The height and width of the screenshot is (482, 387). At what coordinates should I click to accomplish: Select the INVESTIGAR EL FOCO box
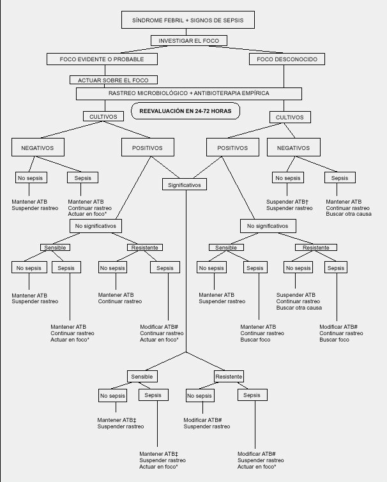[x=188, y=41]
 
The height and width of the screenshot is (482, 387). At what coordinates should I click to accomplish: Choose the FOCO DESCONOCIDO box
[x=282, y=59]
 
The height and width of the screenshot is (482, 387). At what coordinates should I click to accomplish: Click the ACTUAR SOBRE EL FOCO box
[x=114, y=80]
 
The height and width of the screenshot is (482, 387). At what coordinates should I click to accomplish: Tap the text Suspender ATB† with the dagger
[x=289, y=202]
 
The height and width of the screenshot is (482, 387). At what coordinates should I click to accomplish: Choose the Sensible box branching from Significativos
[x=141, y=377]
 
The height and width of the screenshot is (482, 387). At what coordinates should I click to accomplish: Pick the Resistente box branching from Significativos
[x=229, y=377]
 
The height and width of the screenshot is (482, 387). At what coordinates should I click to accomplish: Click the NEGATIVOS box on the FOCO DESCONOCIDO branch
[x=293, y=147]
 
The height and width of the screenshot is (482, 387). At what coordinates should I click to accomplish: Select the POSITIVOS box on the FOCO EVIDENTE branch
[x=146, y=147]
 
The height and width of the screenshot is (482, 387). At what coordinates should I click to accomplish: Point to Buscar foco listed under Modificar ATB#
[x=334, y=340]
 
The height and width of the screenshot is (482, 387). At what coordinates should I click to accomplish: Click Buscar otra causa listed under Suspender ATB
[x=299, y=308]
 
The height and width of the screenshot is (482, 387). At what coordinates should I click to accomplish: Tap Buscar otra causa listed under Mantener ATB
[x=349, y=214]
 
